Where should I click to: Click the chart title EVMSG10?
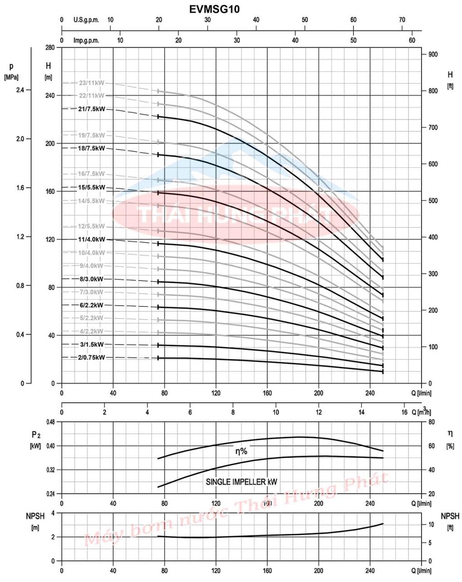(214, 9)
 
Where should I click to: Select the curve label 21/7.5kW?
(92, 109)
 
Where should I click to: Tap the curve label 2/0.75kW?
(91, 357)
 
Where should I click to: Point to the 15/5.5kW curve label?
(92, 187)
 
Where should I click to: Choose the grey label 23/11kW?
(92, 83)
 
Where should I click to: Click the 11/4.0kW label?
(92, 239)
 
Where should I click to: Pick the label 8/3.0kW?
(92, 279)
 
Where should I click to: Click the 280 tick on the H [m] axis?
(50, 48)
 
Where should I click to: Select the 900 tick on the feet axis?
(433, 55)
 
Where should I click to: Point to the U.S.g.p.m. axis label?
(86, 20)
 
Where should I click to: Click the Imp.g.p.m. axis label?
(86, 40)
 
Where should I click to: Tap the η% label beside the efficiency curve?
(241, 451)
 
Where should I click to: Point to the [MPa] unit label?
(11, 77)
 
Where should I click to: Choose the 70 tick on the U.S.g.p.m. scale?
(402, 20)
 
